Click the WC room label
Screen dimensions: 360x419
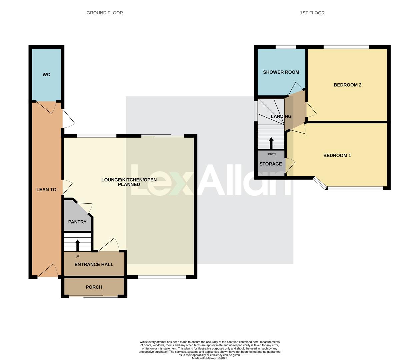[46, 75]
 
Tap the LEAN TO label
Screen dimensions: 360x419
[46, 190]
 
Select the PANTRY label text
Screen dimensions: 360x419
[77, 222]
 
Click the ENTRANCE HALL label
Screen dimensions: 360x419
[94, 265]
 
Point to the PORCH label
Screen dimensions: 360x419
[94, 287]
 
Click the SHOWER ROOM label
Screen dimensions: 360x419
[281, 72]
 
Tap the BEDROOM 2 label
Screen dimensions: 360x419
[348, 85]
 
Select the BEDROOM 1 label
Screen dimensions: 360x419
[337, 156]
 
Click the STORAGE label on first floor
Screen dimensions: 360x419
[271, 164]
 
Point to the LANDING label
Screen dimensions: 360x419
[281, 117]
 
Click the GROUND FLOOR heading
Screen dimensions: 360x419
[105, 13]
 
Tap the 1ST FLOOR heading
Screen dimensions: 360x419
[312, 13]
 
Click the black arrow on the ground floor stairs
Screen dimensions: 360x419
[78, 245]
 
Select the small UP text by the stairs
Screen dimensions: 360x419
[78, 257]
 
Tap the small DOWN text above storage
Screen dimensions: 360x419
[271, 154]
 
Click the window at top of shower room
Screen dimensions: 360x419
[286, 47]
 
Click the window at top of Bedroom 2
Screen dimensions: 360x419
[346, 47]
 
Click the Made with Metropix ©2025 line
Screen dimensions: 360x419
[209, 358]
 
